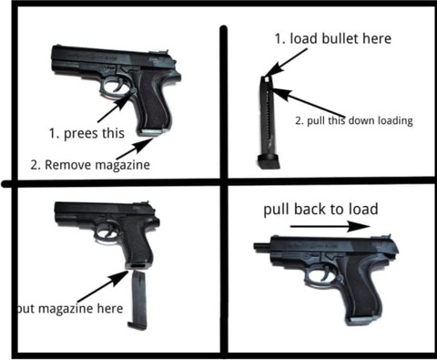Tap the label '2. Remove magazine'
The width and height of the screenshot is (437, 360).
click(90, 165)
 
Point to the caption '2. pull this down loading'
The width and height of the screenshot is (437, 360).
click(354, 120)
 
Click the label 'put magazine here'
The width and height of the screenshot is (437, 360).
click(68, 309)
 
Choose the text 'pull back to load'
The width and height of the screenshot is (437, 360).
click(320, 210)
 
